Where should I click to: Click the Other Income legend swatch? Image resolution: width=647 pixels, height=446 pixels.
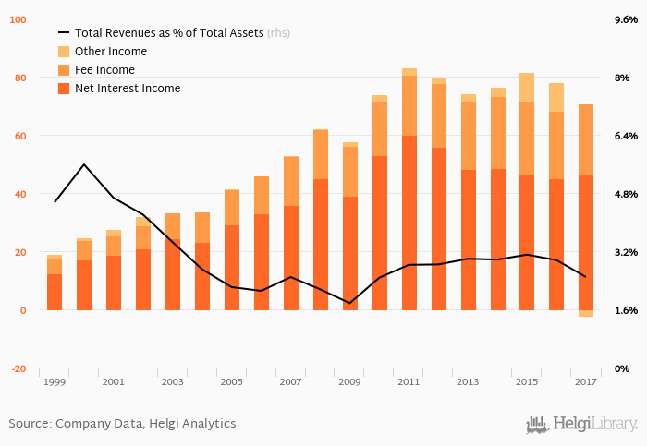pos(64,52)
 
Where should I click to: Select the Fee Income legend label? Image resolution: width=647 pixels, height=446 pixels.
pos(104,70)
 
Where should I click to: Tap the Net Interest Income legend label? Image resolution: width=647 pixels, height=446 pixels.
pos(128,89)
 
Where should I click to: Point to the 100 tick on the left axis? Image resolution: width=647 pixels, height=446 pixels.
pos(18,19)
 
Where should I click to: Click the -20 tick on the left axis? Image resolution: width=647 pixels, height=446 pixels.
pos(18,368)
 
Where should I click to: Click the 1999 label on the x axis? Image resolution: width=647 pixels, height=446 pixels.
pos(55,381)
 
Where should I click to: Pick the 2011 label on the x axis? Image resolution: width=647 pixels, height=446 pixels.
pos(409,381)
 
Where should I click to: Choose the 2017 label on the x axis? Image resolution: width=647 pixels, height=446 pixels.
pos(586,381)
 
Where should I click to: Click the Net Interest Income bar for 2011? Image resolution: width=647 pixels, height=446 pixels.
pos(409,222)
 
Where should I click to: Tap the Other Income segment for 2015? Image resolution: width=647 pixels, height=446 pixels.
pos(527,88)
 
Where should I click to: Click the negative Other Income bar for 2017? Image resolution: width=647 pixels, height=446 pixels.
pos(586,313)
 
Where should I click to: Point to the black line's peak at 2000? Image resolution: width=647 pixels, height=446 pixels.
pos(84,164)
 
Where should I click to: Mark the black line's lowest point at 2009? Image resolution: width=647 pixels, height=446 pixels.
pos(350,303)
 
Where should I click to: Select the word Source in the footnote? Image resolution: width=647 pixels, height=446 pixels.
pos(30,423)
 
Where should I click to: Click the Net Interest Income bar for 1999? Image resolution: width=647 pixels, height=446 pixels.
pos(55,292)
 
